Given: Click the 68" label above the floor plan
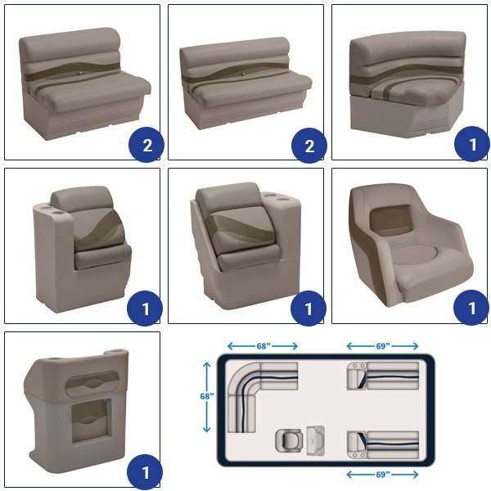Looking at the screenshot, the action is (264, 346).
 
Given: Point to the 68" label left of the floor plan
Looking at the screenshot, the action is (207, 396).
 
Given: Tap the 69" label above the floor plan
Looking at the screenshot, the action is (383, 346).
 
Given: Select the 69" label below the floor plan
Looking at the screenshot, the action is (383, 475).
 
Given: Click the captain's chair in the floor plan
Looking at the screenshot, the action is (289, 440).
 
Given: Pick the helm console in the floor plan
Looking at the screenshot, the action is (315, 440).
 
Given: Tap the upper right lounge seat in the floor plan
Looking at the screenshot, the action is (383, 376).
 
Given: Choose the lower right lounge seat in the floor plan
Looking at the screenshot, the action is (383, 445).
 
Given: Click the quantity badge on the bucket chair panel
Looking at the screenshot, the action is (471, 308).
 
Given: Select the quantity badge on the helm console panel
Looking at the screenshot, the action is (145, 472).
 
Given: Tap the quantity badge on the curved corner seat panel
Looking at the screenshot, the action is (472, 144).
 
